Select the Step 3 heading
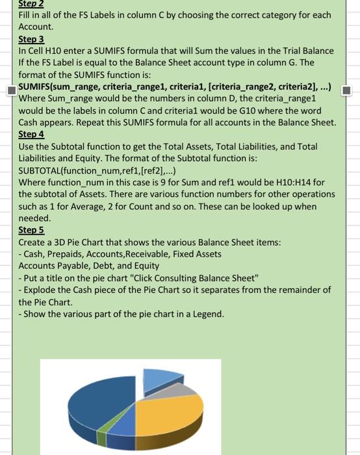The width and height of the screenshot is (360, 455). [31, 39]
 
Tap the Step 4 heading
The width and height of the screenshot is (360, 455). [31, 134]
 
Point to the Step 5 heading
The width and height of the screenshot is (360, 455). [31, 229]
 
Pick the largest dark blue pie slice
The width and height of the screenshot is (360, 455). [91, 403]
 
